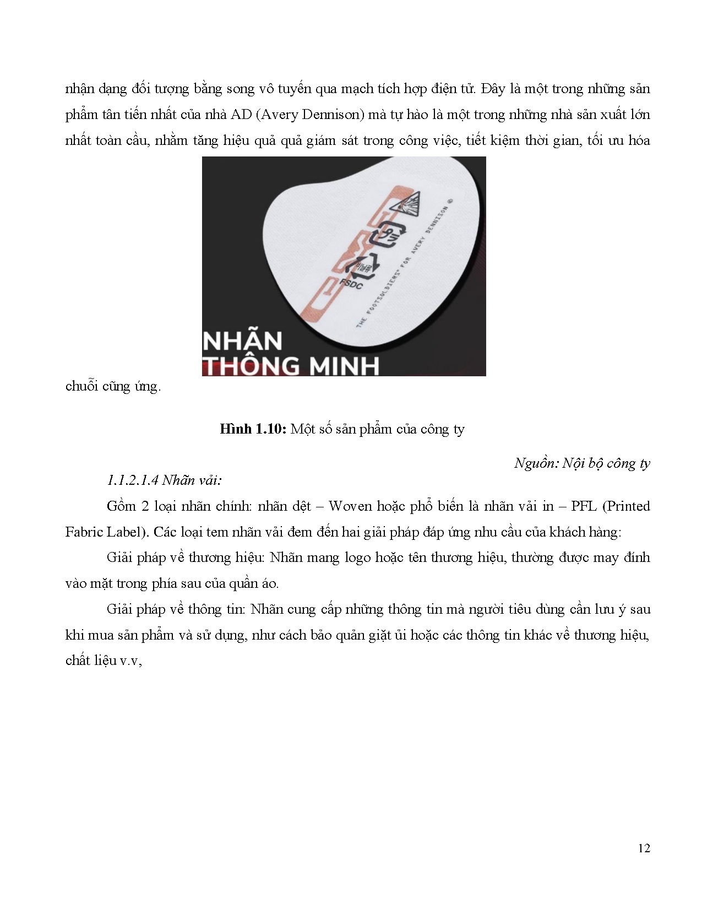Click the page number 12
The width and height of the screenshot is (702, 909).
644,848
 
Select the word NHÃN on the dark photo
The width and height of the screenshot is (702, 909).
243,342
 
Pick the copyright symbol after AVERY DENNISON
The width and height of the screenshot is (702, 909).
450,202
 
